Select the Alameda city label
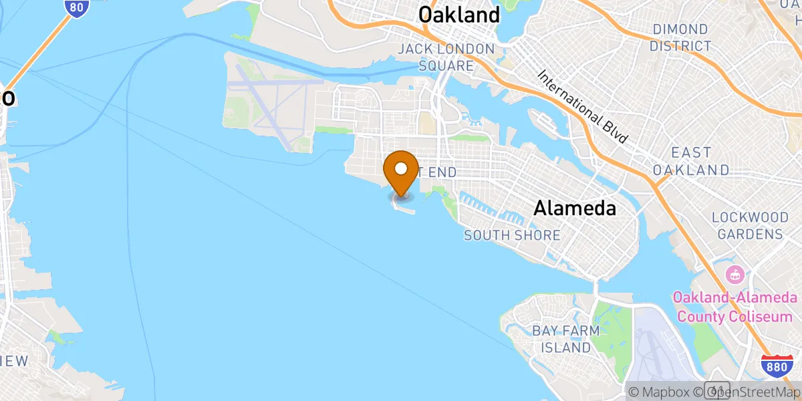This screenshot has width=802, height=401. pos(575,209)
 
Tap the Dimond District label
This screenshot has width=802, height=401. pos(680,37)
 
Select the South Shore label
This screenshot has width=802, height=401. pos(512,235)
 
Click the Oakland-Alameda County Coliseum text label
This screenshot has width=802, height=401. pos(735,307)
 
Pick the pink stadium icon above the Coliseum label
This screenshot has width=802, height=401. pos(734,275)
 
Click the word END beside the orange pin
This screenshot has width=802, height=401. pos(441,172)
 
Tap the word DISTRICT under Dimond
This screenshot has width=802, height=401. pos(681,46)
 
